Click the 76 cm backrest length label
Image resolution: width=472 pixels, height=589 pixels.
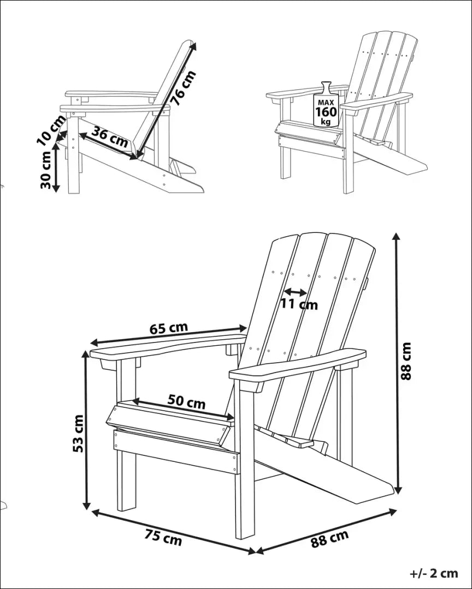click(x=182, y=87)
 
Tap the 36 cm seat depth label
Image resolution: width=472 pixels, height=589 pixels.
click(x=110, y=136)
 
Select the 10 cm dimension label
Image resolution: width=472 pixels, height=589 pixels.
click(x=51, y=130)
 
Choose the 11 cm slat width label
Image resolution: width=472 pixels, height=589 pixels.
click(x=299, y=304)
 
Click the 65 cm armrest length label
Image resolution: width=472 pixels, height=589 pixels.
click(x=168, y=328)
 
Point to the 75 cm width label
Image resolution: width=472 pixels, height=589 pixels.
click(x=163, y=537)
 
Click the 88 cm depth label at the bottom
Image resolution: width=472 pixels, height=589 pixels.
click(x=329, y=538)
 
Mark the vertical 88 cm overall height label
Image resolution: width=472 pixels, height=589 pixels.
click(x=405, y=361)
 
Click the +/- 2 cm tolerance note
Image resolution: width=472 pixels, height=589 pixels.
click(x=434, y=573)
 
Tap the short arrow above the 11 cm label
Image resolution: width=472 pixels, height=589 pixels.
click(x=295, y=292)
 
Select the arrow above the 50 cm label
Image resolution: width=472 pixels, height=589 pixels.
click(x=183, y=412)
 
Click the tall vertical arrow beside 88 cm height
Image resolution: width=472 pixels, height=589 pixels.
click(x=397, y=363)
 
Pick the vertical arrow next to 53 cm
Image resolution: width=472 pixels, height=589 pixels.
click(x=86, y=431)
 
